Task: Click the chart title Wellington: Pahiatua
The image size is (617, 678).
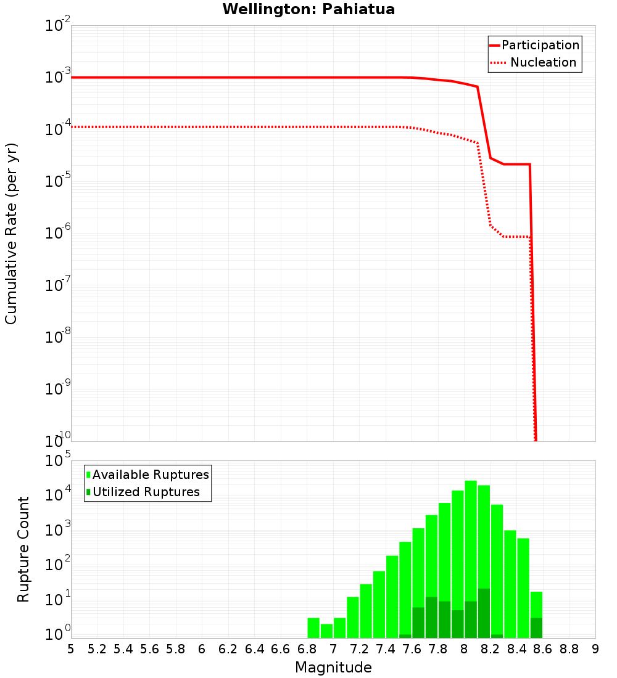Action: [308, 9]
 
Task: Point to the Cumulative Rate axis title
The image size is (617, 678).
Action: [11, 233]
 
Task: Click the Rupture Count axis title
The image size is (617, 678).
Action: [23, 549]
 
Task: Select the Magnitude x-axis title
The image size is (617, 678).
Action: [333, 667]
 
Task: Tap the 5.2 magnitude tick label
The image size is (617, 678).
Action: [97, 648]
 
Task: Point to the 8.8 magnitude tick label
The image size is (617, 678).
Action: [569, 648]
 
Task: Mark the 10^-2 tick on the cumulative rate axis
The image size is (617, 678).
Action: [58, 26]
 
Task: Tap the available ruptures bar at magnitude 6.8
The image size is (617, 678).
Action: [313, 627]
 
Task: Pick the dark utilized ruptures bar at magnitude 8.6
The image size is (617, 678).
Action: [536, 627]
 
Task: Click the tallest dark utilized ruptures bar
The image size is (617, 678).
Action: [484, 613]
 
